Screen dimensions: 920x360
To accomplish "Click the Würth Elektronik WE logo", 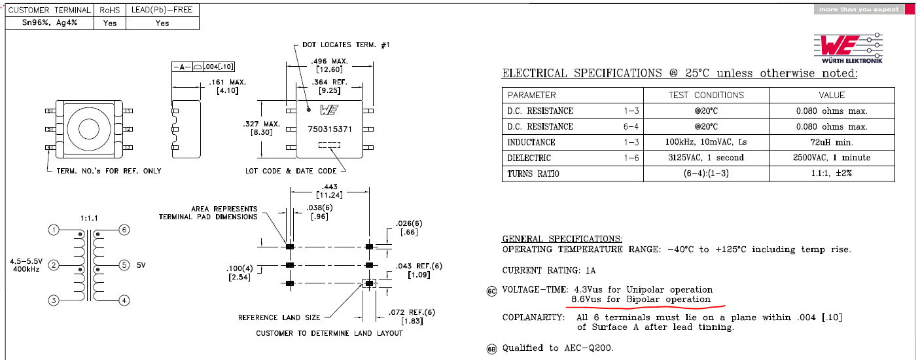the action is coord(848,48).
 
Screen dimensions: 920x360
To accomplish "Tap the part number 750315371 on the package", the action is coord(330,129).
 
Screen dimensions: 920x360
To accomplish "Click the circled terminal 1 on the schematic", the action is coord(54,230).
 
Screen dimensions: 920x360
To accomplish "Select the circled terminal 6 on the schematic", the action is coord(124,230).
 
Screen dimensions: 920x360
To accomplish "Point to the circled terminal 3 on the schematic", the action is coord(54,300).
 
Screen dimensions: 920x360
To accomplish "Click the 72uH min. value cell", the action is coord(832,142).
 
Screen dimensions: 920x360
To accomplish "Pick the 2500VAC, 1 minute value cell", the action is coord(832,158).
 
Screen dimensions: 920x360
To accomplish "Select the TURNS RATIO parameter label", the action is coord(533,173).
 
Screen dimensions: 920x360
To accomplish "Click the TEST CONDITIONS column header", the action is coord(706,96).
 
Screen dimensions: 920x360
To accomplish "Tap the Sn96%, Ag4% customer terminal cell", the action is coord(49,23).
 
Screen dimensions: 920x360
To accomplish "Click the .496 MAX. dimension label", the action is coord(329,62).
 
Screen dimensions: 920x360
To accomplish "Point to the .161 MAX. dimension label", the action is coord(227,82).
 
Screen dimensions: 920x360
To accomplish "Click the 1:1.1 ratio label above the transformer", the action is coord(89,218).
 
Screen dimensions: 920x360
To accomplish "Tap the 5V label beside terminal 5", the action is coord(141,266).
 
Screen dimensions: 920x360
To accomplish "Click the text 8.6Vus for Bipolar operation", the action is coord(641,299).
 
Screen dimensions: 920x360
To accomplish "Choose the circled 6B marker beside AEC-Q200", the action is coord(491,349).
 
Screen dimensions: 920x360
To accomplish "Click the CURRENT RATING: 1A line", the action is coord(549,270).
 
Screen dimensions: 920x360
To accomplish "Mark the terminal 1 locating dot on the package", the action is coord(309,110).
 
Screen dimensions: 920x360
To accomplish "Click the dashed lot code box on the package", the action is coord(329,145).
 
